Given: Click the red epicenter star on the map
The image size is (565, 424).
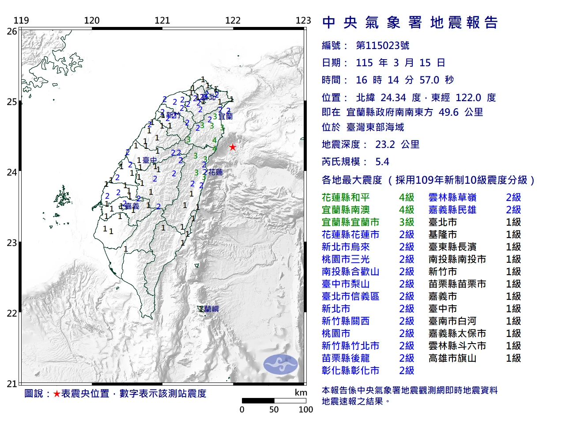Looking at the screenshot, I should [232, 147].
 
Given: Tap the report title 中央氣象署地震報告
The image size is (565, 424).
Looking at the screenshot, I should [410, 23].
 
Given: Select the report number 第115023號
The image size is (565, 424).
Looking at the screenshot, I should [382, 45].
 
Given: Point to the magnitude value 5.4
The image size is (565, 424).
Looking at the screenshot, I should [382, 162].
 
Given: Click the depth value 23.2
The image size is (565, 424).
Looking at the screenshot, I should [385, 144].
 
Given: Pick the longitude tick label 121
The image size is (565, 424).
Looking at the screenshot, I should [162, 20].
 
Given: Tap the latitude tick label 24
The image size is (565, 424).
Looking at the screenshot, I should [12, 172].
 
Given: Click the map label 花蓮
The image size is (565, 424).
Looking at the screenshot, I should [215, 172].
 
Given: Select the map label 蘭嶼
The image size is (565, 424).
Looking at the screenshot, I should [211, 309].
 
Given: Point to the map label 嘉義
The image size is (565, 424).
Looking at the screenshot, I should [132, 206].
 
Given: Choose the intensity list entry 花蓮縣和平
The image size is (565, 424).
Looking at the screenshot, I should [346, 197].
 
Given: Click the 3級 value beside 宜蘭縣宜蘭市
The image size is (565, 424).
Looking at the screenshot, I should [407, 222].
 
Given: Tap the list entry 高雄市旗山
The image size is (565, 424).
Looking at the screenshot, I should [452, 358].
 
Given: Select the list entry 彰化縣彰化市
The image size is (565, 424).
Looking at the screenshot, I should [350, 371].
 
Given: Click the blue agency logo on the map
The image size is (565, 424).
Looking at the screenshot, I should [281, 364].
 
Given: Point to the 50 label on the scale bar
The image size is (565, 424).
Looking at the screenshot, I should [274, 409].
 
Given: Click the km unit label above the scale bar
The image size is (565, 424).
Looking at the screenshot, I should [301, 393].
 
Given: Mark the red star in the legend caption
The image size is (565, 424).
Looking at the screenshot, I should [56, 394].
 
